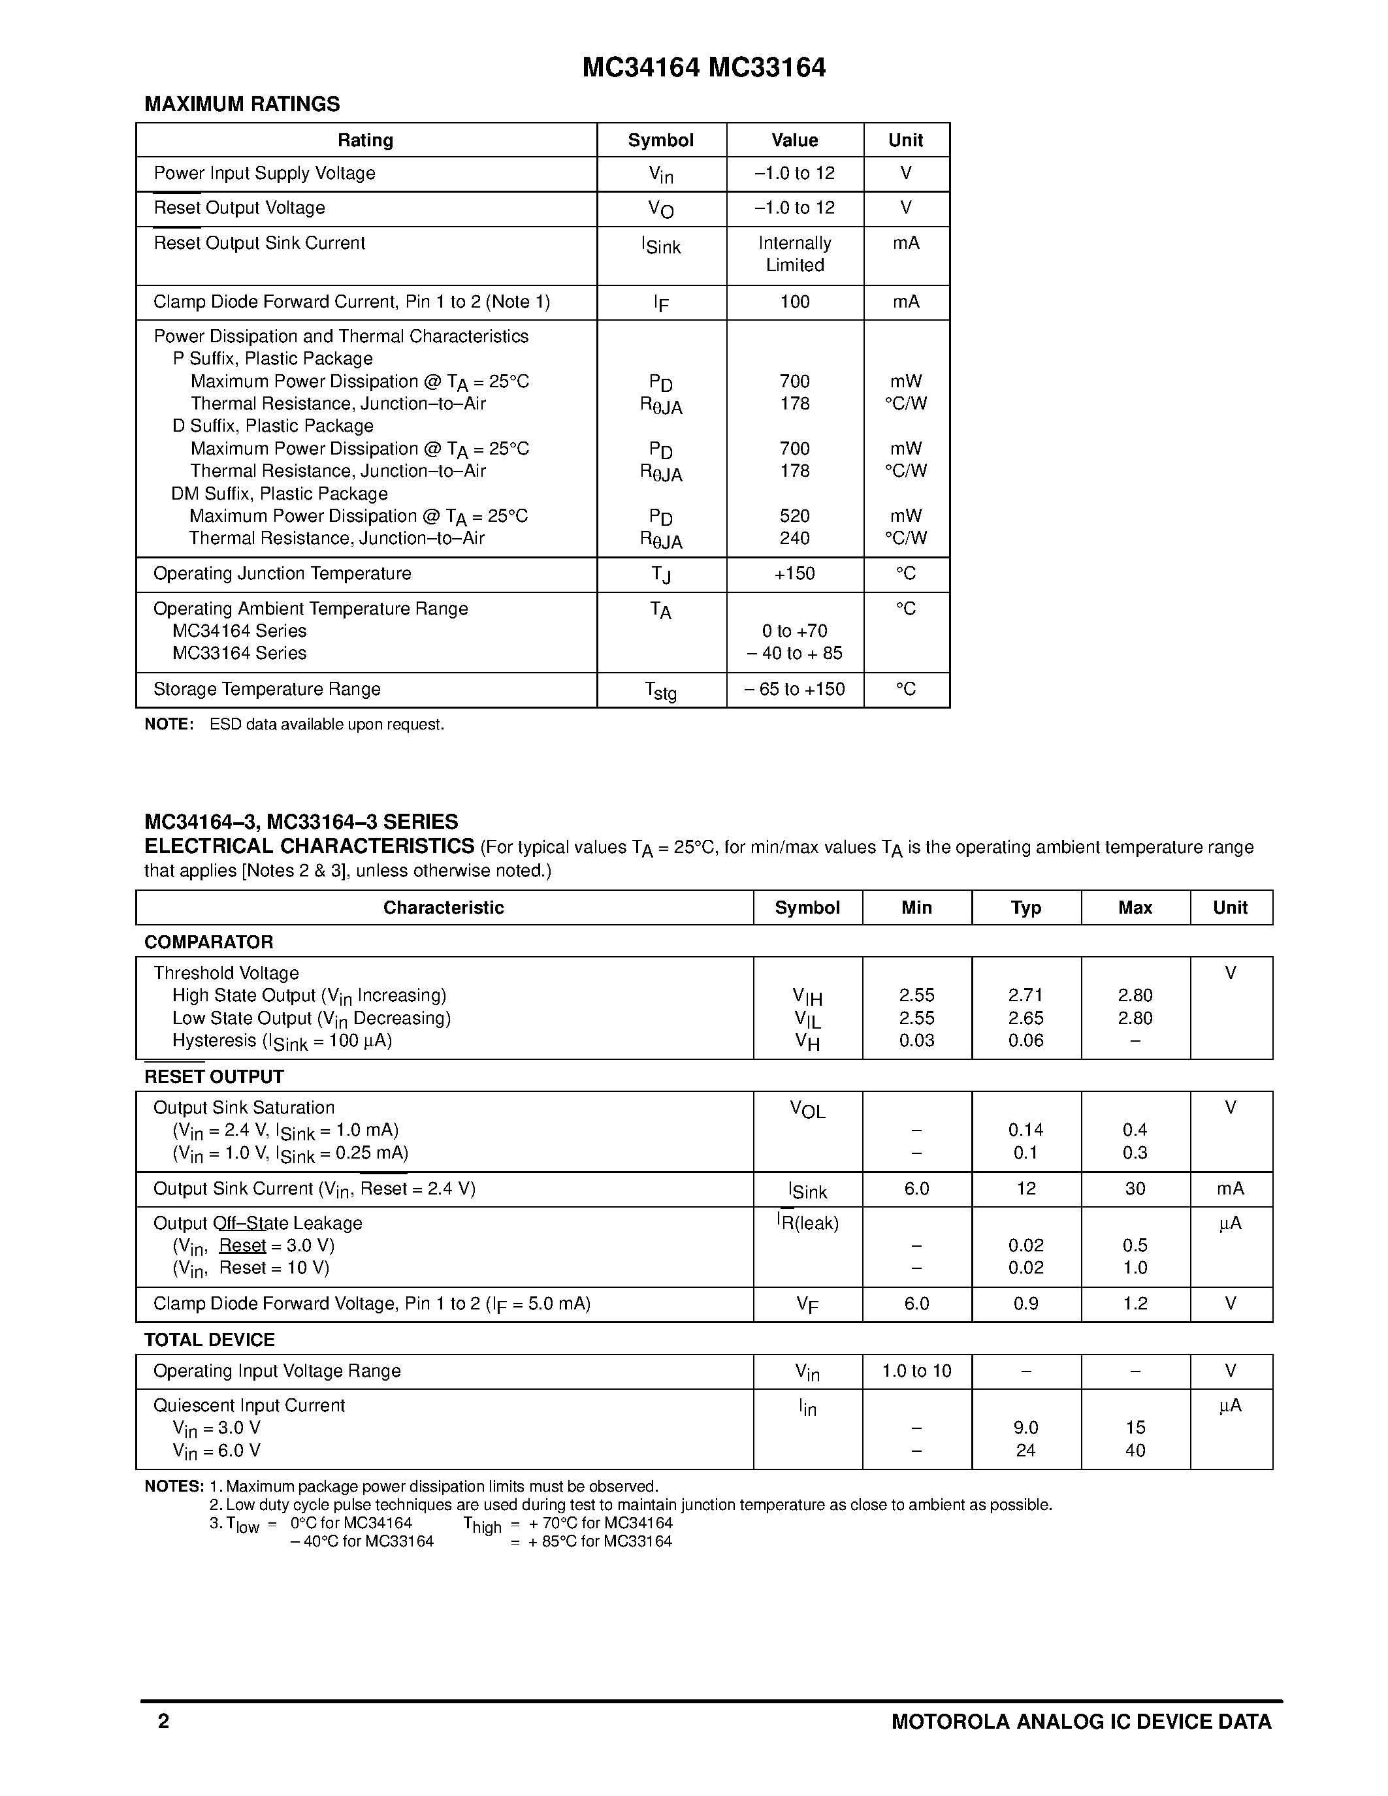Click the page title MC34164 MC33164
(x=704, y=67)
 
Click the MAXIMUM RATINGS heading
(x=242, y=104)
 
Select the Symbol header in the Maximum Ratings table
(x=660, y=140)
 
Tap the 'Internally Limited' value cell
(x=794, y=254)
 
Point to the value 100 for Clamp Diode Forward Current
(x=794, y=302)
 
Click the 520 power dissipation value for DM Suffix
(x=794, y=515)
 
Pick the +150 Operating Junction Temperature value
(x=794, y=573)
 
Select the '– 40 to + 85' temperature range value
(x=794, y=653)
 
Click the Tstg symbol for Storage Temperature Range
(x=660, y=691)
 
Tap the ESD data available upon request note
(x=327, y=724)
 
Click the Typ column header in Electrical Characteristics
(x=1025, y=908)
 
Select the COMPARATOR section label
(x=209, y=942)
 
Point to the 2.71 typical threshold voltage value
(x=1025, y=995)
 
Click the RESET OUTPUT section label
(x=214, y=1077)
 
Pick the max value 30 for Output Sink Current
(x=1135, y=1188)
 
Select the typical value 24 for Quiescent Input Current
(x=1025, y=1451)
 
